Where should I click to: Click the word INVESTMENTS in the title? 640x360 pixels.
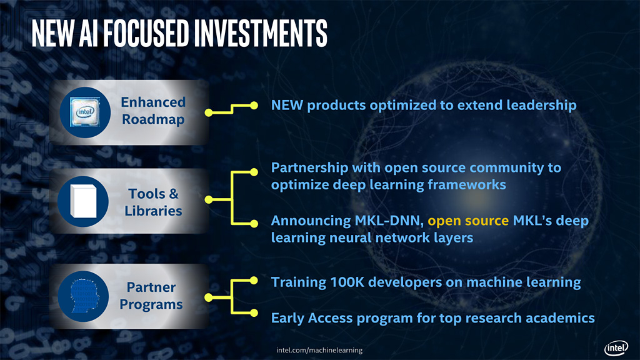click(x=261, y=32)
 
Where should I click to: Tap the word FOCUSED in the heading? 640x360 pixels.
click(x=146, y=32)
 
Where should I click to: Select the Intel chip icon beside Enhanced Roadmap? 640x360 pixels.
click(x=85, y=112)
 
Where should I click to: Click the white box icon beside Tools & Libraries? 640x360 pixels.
click(x=83, y=201)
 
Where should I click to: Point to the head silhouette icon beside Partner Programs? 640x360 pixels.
click(x=84, y=296)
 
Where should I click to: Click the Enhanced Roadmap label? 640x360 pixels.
click(x=153, y=111)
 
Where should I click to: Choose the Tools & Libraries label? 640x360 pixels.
click(x=153, y=202)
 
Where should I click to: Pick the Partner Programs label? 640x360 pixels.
click(x=151, y=296)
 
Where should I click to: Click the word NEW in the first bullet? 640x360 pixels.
click(x=287, y=105)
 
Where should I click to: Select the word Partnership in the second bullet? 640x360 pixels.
click(x=310, y=167)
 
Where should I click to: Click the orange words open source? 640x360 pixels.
click(x=468, y=221)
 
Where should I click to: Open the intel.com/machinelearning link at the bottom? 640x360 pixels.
click(x=319, y=350)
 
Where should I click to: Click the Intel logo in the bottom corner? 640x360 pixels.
click(x=616, y=348)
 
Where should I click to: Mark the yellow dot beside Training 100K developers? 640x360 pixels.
click(x=254, y=281)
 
